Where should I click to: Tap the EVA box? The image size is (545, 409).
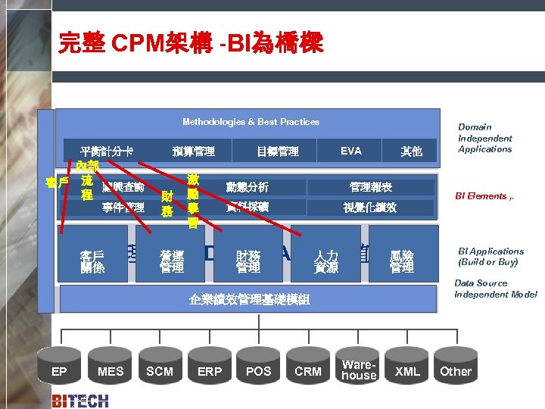[x=350, y=151]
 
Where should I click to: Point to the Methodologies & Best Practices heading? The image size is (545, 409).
[x=251, y=122]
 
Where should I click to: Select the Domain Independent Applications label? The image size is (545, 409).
[x=485, y=138]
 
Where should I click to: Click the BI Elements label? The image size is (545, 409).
[x=484, y=196]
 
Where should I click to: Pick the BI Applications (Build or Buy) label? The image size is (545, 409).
[x=490, y=256]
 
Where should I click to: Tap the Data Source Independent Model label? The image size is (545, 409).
[x=495, y=289]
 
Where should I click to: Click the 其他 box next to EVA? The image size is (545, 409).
[x=411, y=151]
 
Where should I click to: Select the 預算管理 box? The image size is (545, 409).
[x=193, y=151]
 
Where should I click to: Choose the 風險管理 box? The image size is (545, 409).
[x=402, y=261]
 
